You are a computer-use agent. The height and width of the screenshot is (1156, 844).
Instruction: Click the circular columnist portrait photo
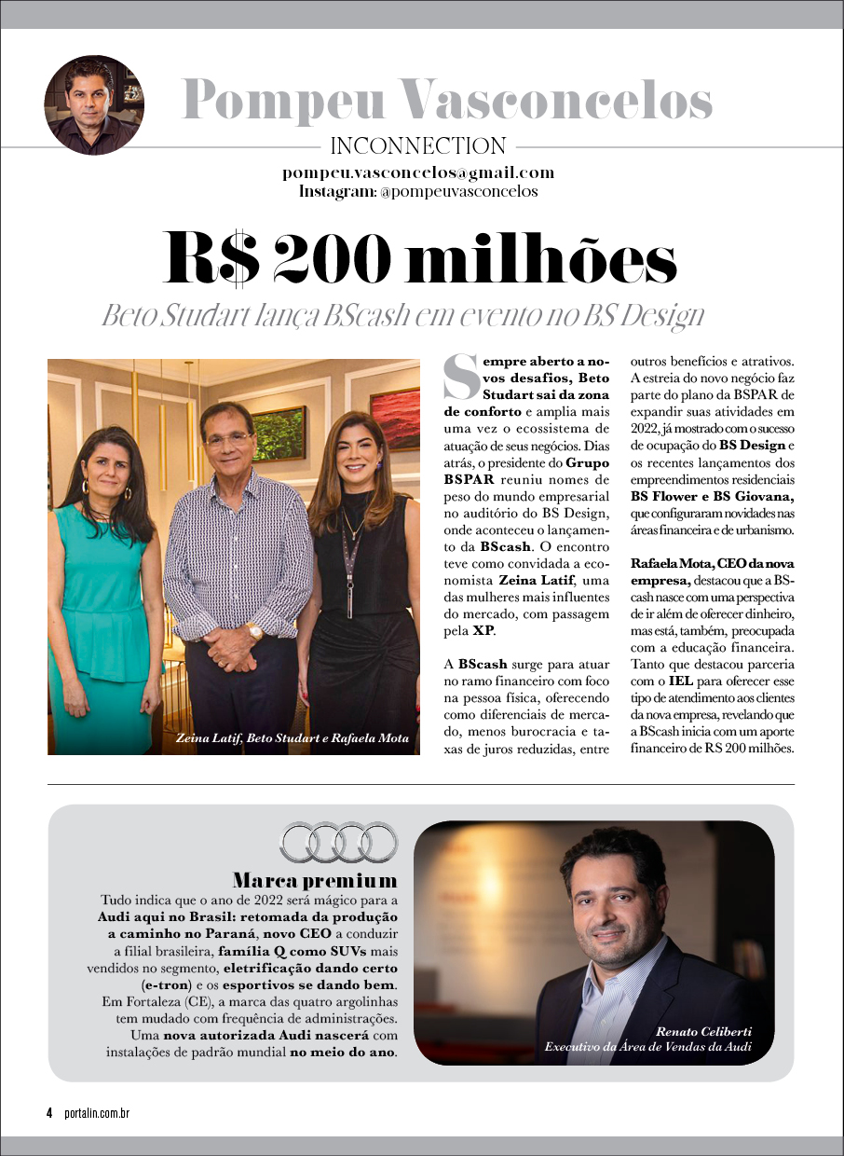click(x=94, y=104)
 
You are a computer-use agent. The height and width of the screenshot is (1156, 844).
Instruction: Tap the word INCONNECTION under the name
click(x=418, y=146)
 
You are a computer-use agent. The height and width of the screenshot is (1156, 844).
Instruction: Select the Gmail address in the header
click(x=418, y=172)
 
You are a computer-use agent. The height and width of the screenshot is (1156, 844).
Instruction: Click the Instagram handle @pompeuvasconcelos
click(x=458, y=192)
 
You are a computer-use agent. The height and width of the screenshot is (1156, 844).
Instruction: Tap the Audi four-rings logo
click(x=338, y=842)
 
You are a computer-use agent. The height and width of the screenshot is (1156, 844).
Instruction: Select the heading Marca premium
click(x=315, y=881)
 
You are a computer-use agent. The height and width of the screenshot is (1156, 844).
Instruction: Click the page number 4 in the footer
click(x=49, y=1113)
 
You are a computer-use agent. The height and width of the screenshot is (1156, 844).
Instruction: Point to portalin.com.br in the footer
click(x=97, y=1113)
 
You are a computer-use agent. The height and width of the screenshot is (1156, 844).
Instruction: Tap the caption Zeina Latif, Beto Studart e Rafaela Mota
click(x=292, y=738)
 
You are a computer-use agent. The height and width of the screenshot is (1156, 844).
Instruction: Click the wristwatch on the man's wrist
click(x=254, y=631)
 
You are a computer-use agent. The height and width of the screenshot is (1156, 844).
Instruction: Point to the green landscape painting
click(x=279, y=433)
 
